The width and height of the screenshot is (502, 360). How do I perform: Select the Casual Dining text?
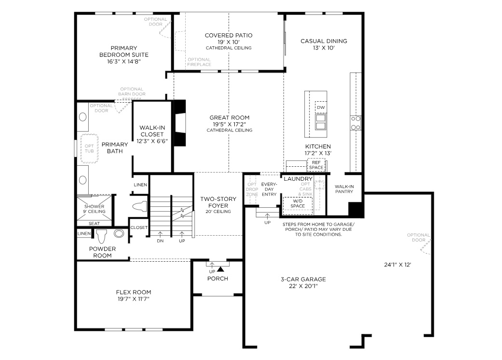point(324,44)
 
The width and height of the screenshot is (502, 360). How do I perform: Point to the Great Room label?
point(229,123)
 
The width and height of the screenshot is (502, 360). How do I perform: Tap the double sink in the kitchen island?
point(320,122)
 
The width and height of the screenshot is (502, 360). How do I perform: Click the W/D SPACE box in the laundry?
point(298,203)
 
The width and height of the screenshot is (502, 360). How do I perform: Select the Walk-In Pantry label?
point(344,188)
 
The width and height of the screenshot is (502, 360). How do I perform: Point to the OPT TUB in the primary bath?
point(90,148)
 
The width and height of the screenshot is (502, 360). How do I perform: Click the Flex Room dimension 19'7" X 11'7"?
point(134,299)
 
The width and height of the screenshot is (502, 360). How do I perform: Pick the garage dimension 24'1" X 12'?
point(397,264)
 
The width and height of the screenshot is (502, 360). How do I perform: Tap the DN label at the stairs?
point(161,241)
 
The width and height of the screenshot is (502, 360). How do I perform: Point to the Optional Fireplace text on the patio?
point(199,62)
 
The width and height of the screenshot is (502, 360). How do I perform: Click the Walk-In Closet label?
point(152,134)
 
